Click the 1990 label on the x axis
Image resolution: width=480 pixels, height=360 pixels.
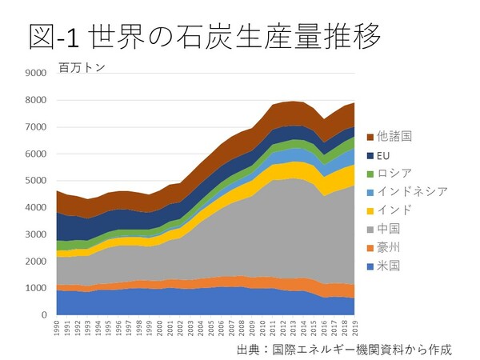55,330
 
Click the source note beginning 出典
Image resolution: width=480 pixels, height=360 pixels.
344,349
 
